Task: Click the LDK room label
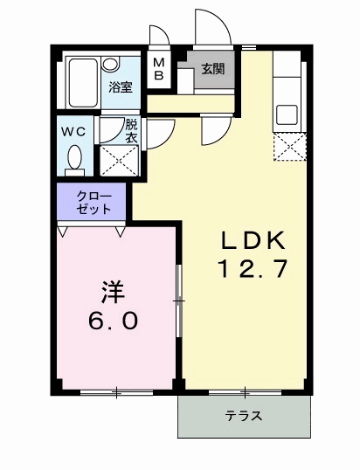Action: (x=253, y=241)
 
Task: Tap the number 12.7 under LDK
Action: (x=253, y=268)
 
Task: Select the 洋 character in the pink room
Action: (x=113, y=292)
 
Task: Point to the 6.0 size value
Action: (x=113, y=321)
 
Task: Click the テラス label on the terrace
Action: (x=244, y=416)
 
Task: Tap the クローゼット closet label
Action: (x=93, y=203)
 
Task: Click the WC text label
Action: (x=73, y=132)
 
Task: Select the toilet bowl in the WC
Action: (x=74, y=161)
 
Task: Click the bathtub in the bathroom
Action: (x=83, y=83)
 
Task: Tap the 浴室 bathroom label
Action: (x=121, y=87)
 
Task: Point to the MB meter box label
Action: (x=159, y=69)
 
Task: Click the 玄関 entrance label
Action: (x=213, y=69)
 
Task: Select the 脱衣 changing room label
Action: (x=131, y=131)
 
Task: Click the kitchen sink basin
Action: (x=287, y=114)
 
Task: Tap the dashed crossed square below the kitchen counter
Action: (x=289, y=147)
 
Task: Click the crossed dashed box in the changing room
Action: (x=119, y=161)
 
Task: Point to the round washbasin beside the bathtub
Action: (x=110, y=64)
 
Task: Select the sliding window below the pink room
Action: (x=116, y=392)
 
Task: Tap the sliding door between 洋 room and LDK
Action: (x=179, y=301)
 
